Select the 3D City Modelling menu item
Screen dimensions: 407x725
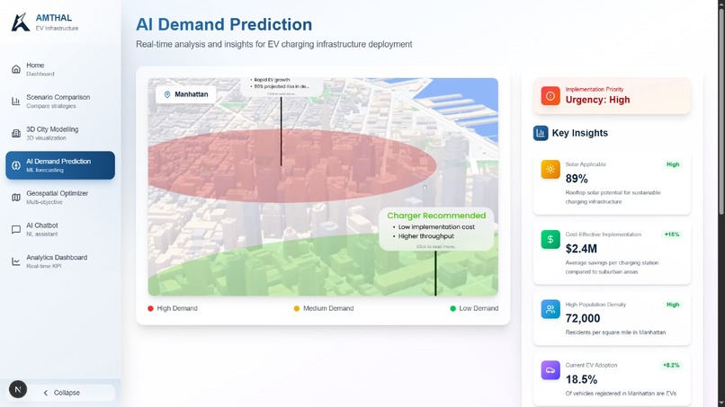[51, 133]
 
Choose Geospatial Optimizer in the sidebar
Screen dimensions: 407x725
[56, 197]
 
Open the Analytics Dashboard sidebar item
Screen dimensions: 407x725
[56, 261]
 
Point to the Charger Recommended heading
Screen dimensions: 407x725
[435, 216]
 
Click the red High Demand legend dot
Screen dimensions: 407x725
[151, 308]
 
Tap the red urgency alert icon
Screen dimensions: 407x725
[550, 95]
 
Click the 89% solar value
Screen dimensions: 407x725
[577, 179]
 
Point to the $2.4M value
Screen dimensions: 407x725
[581, 248]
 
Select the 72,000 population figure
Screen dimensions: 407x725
[583, 318]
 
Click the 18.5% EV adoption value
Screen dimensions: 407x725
[583, 380]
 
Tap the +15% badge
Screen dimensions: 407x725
[671, 234]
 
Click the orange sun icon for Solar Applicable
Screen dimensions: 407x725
[550, 170]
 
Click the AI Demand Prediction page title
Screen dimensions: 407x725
[224, 25]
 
